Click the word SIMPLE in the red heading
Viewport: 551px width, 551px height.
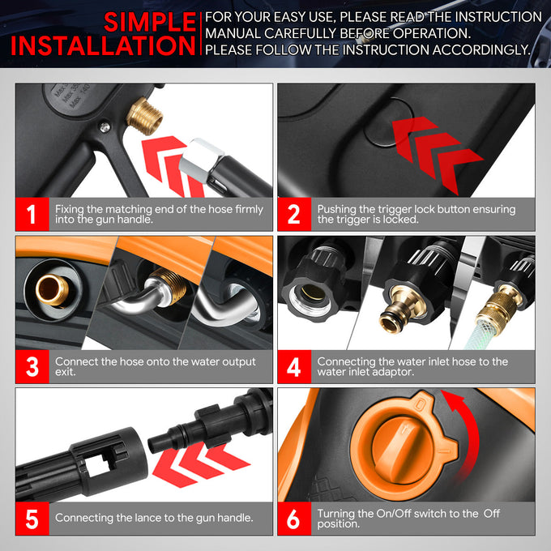pyautogui.click(x=150, y=22)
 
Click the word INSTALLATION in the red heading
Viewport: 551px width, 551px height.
pyautogui.click(x=103, y=45)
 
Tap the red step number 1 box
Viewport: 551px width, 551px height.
pyautogui.click(x=32, y=214)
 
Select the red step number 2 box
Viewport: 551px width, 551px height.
pyautogui.click(x=294, y=214)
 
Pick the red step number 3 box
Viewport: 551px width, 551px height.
pyautogui.click(x=32, y=366)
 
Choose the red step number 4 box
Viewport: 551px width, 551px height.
pyautogui.click(x=294, y=366)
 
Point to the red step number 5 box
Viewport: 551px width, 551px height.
pyautogui.click(x=32, y=519)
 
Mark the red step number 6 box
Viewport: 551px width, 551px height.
pyautogui.click(x=294, y=519)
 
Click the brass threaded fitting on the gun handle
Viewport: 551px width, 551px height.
pyautogui.click(x=144, y=117)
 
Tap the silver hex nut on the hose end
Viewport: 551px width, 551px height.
pyautogui.click(x=201, y=160)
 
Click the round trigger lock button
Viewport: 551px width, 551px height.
pyautogui.click(x=389, y=122)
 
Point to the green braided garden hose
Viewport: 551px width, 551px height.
pyautogui.click(x=479, y=335)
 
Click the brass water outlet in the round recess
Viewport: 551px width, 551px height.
pyautogui.click(x=52, y=290)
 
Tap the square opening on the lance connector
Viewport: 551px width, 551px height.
pyautogui.click(x=97, y=464)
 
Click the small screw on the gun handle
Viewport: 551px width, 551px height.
pyautogui.click(x=105, y=127)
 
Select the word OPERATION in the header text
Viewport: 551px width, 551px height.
pyautogui.click(x=432, y=33)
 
